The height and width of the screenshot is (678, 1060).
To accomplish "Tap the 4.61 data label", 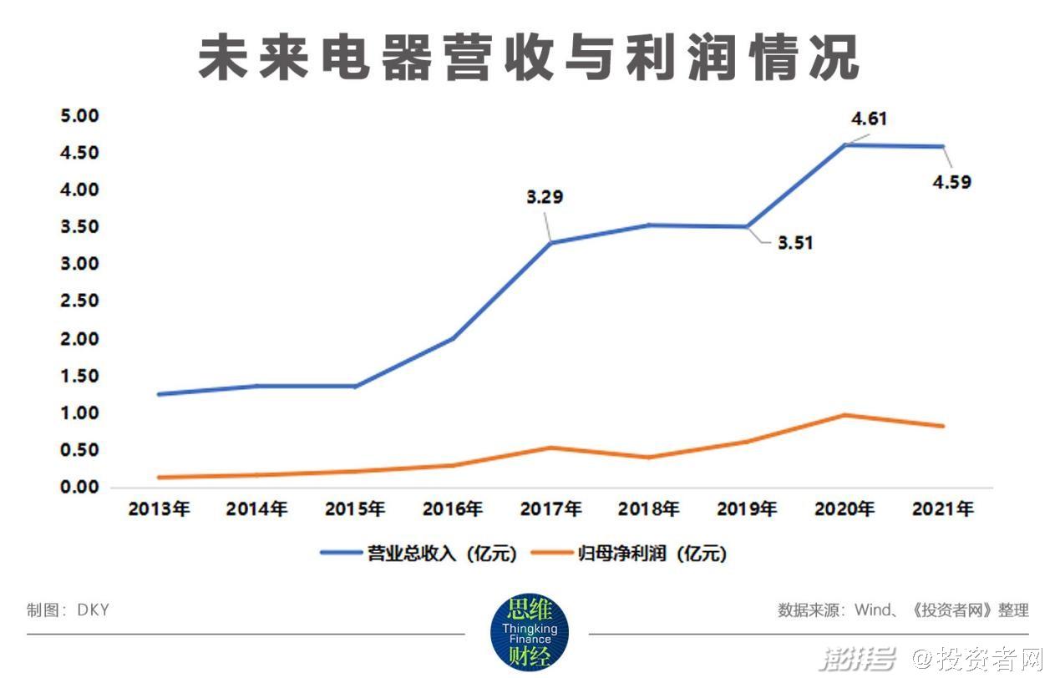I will [x=869, y=119].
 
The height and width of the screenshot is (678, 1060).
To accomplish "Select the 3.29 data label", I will [x=544, y=198].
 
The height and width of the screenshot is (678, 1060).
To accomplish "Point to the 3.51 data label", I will [x=794, y=244].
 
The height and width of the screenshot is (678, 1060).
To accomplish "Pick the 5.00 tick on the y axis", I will [x=79, y=115].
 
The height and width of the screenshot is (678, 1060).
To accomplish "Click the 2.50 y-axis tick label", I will [x=79, y=301].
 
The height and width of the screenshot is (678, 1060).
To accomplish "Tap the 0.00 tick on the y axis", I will [x=79, y=488].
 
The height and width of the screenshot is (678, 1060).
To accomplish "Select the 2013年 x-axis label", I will [x=160, y=508].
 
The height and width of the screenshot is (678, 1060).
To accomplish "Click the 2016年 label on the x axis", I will [x=452, y=508].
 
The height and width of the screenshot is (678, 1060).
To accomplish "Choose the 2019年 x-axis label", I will [x=745, y=508].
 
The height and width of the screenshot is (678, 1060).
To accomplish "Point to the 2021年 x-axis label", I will [x=942, y=508].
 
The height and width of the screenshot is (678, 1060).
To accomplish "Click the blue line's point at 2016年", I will [x=452, y=338].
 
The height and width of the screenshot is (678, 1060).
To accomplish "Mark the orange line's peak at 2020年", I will [x=844, y=415].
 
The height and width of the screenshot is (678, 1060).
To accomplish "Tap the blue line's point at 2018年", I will [x=648, y=225].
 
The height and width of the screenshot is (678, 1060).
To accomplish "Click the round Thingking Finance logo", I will [x=529, y=633].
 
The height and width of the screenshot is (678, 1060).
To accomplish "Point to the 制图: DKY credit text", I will [x=68, y=610].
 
